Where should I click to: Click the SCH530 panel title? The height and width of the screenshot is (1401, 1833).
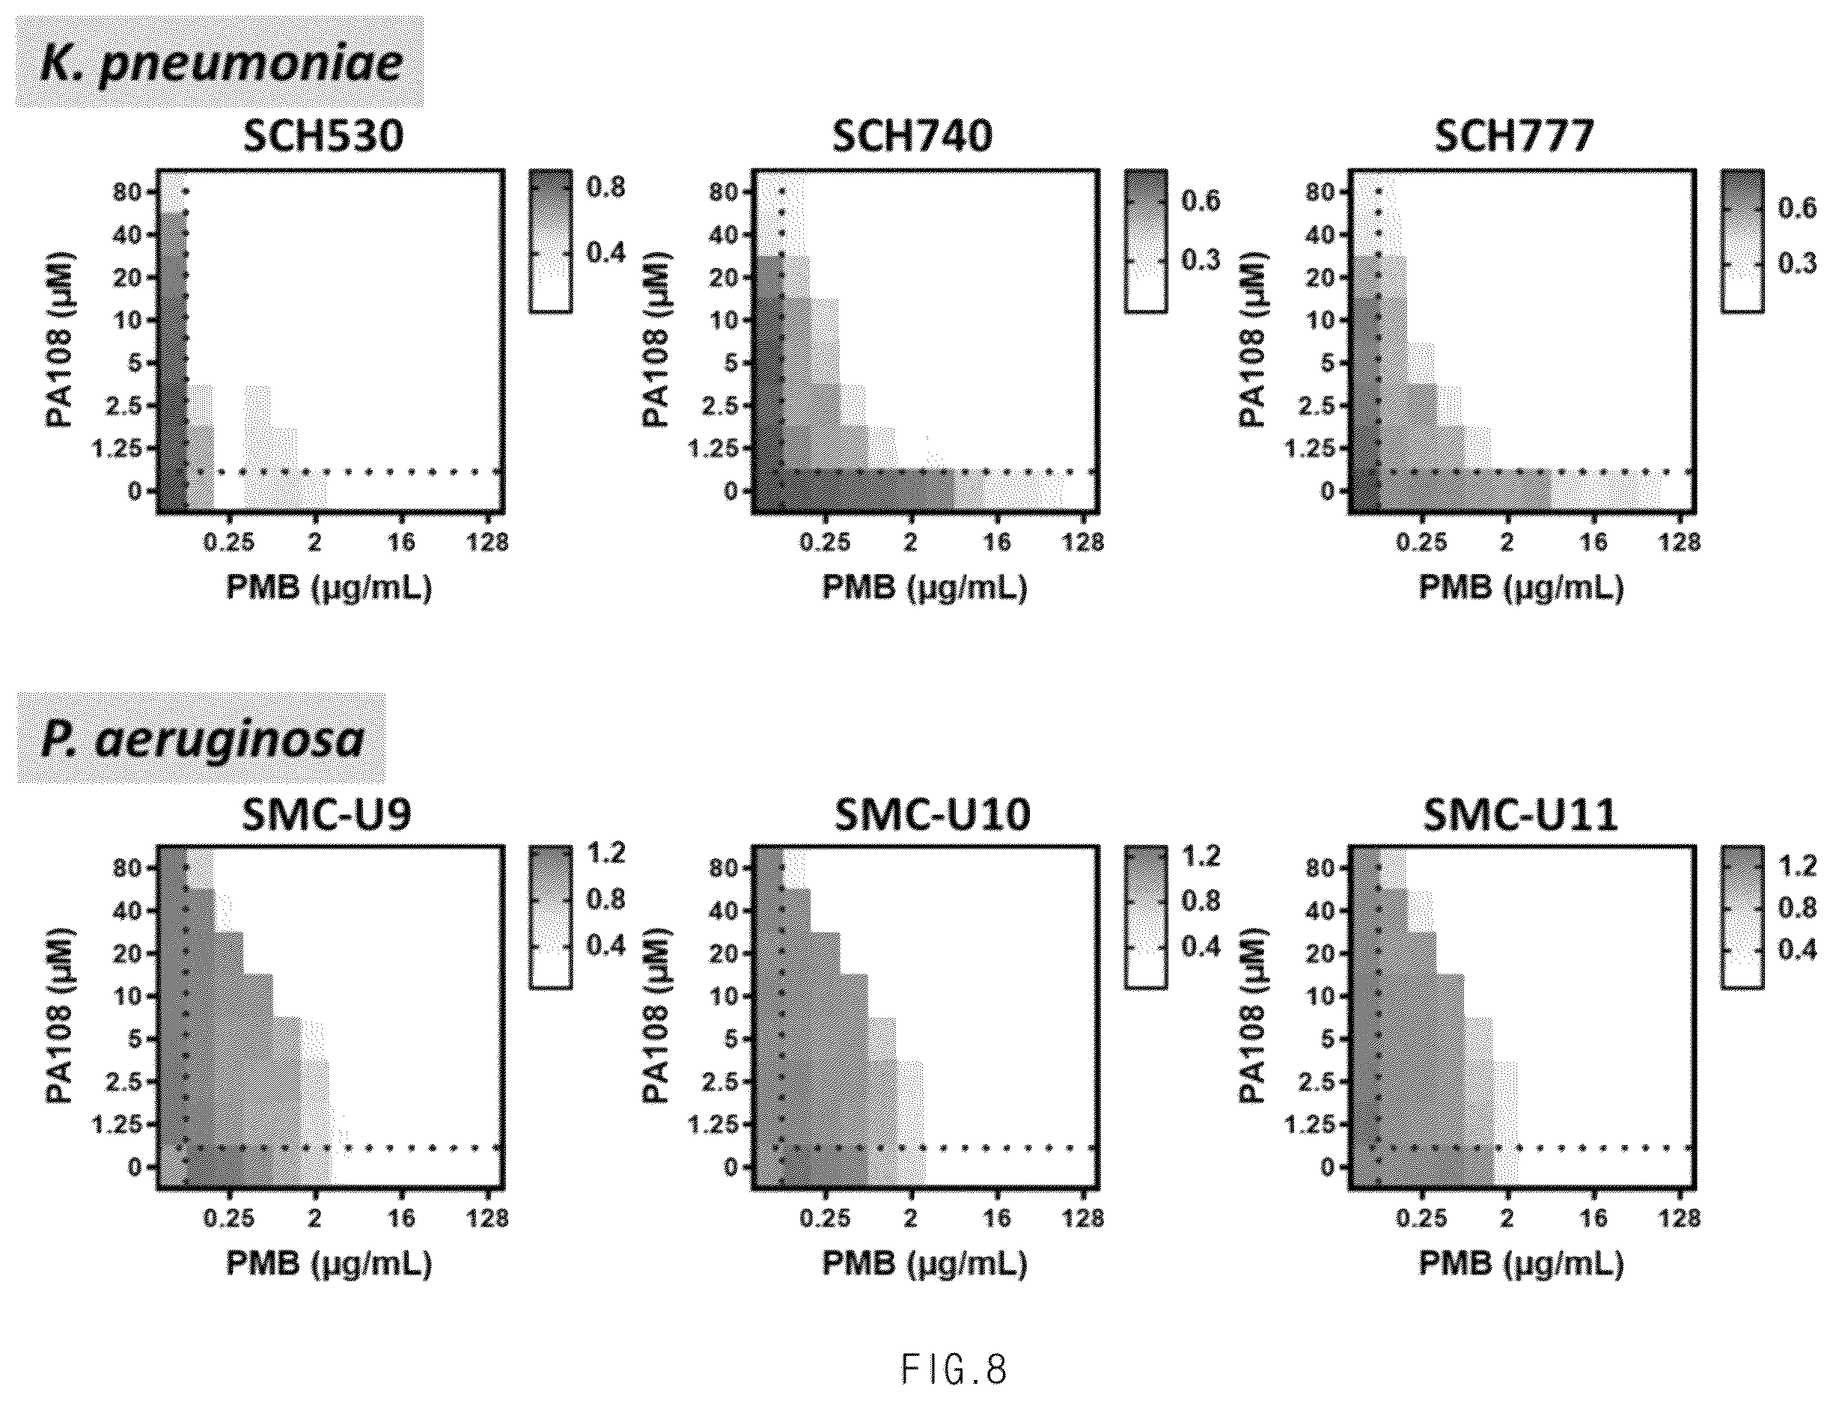[323, 136]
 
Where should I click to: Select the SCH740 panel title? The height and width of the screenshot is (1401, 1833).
[912, 136]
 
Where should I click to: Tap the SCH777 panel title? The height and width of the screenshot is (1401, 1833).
[1514, 136]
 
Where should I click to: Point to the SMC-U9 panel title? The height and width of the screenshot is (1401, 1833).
[327, 815]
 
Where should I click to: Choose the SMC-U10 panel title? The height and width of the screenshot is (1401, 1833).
[933, 815]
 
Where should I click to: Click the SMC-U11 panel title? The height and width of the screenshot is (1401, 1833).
[1520, 815]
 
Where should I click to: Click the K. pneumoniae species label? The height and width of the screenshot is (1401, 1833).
[221, 64]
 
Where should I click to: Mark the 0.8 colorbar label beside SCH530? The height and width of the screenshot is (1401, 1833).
[606, 187]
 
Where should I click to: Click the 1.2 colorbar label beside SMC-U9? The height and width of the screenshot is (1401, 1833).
[606, 853]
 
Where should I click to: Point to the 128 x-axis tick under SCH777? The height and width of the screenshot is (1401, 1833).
[1679, 543]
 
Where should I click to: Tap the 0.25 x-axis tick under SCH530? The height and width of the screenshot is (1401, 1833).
[229, 543]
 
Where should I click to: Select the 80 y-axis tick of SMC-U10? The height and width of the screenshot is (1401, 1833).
[723, 868]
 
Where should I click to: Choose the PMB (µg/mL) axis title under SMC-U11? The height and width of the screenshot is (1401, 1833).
[1521, 1265]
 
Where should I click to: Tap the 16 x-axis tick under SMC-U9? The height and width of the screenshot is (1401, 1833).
[401, 1219]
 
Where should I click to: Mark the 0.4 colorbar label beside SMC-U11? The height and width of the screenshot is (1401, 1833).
[1797, 950]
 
